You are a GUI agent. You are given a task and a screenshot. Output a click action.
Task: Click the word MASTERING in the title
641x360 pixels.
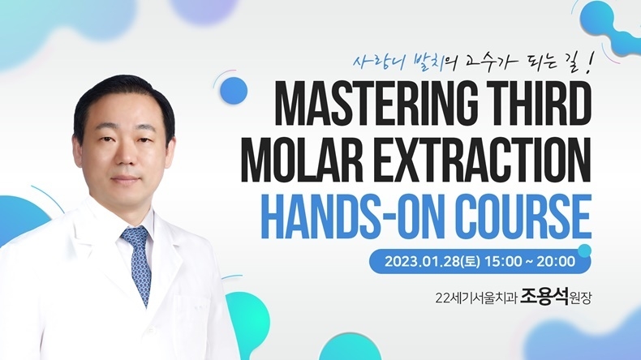click(376, 103)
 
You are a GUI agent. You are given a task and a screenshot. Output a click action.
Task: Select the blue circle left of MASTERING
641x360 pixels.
click(234, 90)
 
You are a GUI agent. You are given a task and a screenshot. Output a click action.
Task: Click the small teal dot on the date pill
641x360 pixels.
click(584, 251)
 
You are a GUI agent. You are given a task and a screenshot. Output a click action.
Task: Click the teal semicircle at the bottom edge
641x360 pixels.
click(350, 348)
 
